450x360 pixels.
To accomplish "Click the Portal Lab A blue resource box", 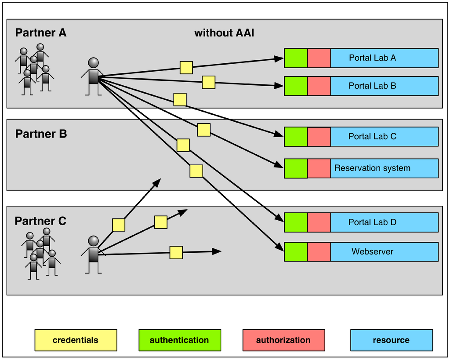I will [384, 58].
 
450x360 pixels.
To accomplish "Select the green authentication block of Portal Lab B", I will [296, 86].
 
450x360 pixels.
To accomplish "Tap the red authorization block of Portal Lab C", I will [319, 137].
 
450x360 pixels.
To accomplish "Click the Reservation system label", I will [372, 168].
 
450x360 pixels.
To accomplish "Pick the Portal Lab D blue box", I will [384, 222].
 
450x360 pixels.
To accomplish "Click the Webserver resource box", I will [384, 252].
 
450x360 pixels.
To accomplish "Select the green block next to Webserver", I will [296, 252].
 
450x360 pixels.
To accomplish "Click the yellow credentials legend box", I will [76, 340].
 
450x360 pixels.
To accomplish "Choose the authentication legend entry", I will [179, 340].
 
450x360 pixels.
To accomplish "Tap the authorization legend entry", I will [283, 340].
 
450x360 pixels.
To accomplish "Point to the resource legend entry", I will [391, 340].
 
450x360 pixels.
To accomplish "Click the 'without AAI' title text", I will [224, 33].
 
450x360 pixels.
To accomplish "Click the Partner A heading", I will [40, 33].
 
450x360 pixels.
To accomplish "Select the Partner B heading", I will [41, 134].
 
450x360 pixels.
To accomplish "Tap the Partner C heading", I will [40, 221].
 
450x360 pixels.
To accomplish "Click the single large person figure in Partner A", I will [93, 76].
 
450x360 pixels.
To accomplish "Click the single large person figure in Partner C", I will [93, 255].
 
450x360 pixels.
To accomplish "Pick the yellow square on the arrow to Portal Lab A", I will [186, 67].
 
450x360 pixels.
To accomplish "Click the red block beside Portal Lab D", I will [319, 222].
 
